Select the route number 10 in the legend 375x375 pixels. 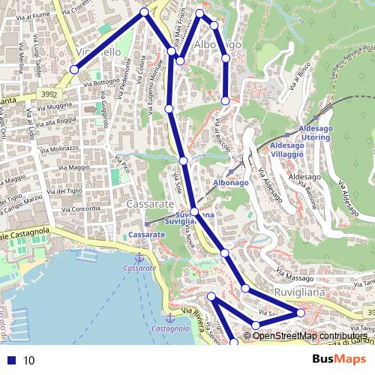tap(29, 360)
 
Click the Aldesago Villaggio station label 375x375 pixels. tap(289, 148)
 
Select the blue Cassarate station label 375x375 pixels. tap(146, 235)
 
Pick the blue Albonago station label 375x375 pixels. tap(230, 182)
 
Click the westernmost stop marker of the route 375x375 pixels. tap(74, 69)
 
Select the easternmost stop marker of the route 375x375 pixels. tap(301, 312)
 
